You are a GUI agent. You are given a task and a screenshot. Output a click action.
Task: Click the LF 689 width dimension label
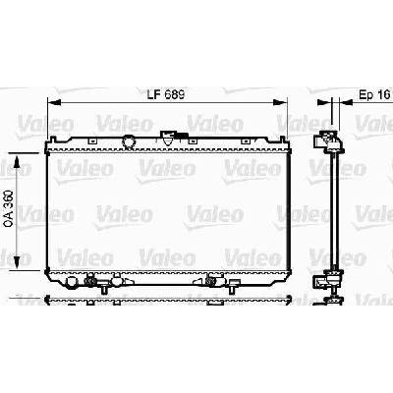tap(166, 94)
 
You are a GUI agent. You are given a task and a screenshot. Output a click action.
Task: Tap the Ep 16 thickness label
tap(374, 94)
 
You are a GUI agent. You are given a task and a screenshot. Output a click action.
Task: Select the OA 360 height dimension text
tap(9, 208)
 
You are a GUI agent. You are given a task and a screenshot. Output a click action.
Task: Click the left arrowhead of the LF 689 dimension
tap(54, 102)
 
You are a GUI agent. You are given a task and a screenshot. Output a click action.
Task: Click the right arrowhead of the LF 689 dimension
tap(280, 102)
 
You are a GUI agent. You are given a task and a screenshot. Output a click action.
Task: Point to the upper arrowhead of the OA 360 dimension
tap(18, 160)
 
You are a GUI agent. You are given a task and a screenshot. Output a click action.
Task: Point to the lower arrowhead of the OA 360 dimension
tap(18, 263)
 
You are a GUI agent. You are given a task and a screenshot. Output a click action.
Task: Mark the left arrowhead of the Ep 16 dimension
tap(324, 102)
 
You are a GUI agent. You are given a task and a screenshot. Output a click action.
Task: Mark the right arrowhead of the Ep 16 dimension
tap(346, 102)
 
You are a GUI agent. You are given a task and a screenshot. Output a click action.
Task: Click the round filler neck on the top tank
tap(129, 141)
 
